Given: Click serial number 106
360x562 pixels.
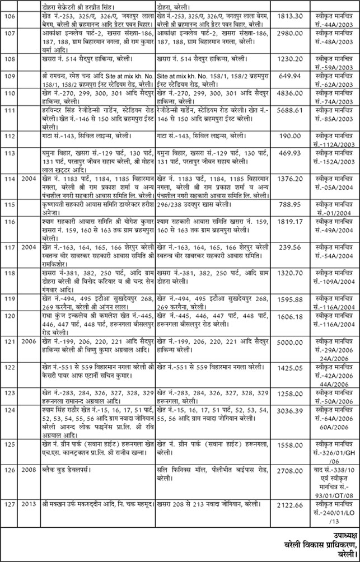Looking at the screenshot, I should click(x=8, y=18).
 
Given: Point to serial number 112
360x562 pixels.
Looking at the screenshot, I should click(x=8, y=136).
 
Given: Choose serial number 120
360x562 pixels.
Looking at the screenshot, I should click(x=8, y=315).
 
